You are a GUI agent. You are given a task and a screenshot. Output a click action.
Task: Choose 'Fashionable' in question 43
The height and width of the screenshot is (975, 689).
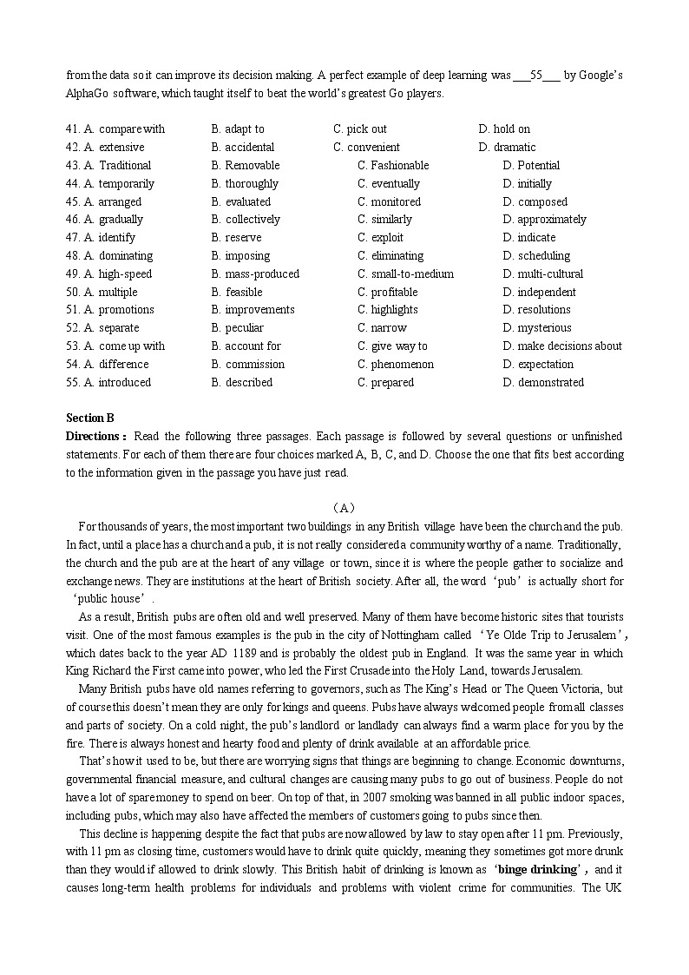(399, 166)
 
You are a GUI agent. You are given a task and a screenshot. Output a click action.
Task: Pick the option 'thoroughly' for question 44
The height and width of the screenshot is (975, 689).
(252, 184)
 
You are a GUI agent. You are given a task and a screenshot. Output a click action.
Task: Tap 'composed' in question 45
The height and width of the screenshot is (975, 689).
(542, 202)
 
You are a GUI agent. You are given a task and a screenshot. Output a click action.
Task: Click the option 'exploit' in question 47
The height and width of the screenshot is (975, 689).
(390, 238)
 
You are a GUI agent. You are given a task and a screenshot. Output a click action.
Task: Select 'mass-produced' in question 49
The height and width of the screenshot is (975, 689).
(262, 274)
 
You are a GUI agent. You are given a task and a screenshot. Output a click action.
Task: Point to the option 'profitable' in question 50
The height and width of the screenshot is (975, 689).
(394, 293)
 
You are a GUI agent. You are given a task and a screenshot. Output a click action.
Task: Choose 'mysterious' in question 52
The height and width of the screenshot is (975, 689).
(544, 328)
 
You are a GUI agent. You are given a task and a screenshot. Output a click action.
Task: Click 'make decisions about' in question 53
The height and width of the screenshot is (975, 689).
(569, 346)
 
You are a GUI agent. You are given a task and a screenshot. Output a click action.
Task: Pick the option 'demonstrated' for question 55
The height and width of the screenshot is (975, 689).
(550, 383)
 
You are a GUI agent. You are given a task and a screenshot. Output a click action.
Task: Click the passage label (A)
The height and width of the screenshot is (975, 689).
(344, 508)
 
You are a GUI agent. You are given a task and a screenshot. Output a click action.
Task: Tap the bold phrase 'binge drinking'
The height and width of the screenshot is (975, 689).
(536, 870)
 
